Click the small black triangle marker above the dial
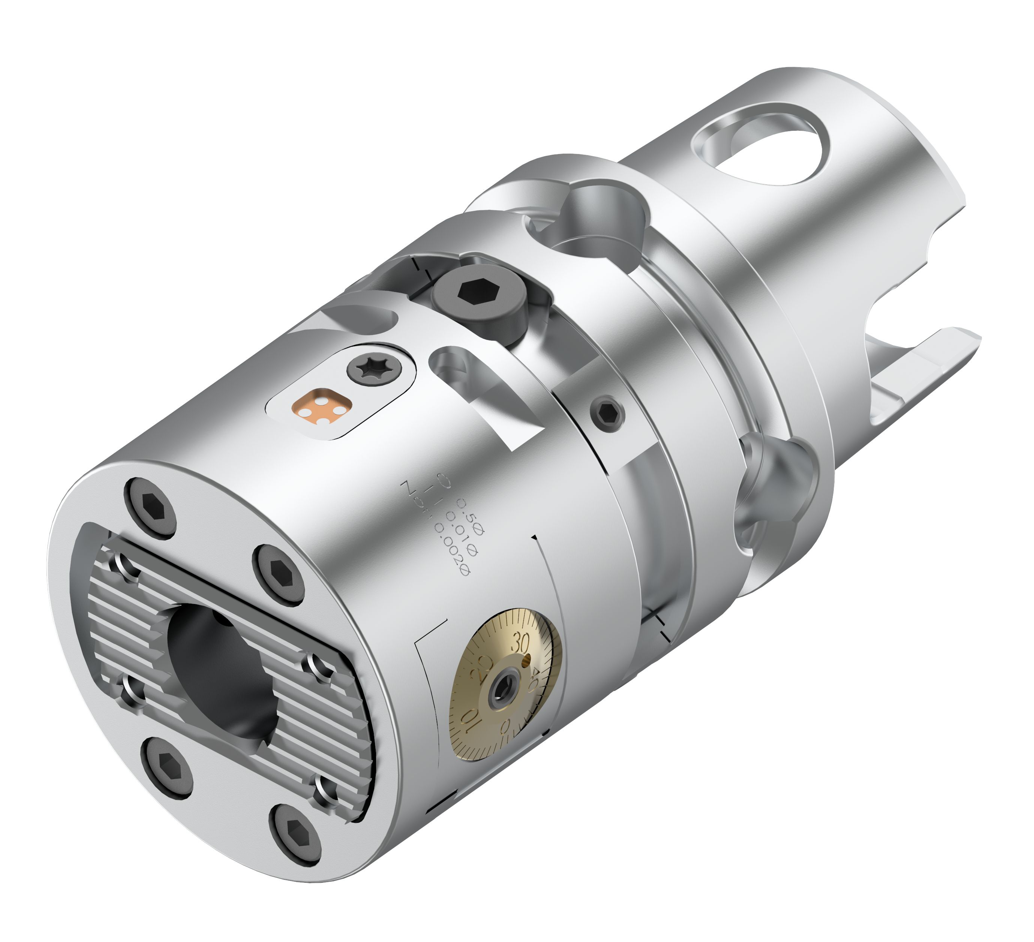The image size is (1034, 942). click(x=535, y=537)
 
